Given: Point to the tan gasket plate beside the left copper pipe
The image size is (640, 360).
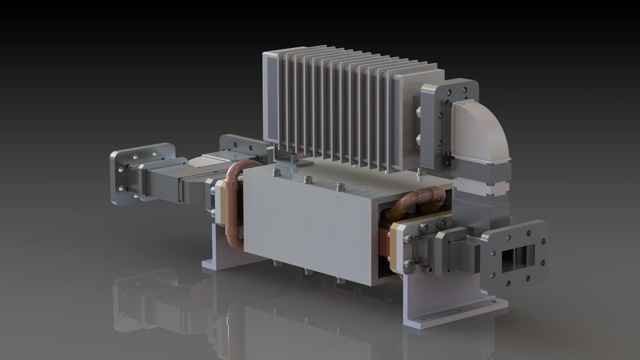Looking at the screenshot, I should [220, 203].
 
